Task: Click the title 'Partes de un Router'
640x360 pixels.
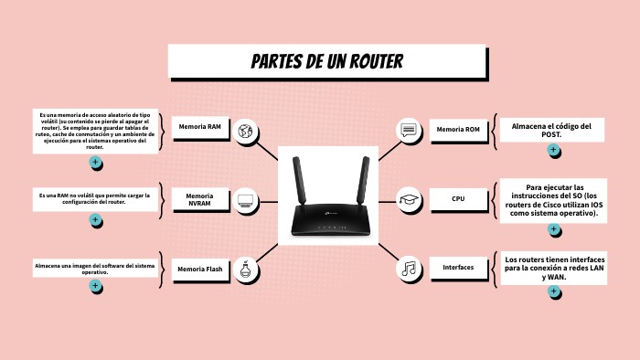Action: [326, 62]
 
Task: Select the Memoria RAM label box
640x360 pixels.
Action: [199, 127]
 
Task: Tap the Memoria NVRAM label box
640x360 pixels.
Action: [199, 199]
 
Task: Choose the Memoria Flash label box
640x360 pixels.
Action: [199, 270]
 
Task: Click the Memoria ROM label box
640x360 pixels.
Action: [457, 130]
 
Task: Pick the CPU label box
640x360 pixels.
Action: [457, 198]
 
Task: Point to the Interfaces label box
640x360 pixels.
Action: [457, 268]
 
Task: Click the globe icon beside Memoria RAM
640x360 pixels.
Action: [245, 132]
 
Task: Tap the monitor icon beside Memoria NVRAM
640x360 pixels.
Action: [245, 199]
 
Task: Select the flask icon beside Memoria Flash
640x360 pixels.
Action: [245, 269]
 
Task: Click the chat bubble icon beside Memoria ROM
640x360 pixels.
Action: [409, 131]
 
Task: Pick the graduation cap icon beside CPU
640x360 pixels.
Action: [409, 199]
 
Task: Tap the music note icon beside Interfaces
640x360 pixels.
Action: [409, 269]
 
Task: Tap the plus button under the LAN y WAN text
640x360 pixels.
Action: [553, 291]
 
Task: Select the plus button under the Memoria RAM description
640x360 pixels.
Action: [95, 162]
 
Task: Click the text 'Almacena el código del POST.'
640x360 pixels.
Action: [551, 130]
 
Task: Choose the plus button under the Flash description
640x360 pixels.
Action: [95, 285]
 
